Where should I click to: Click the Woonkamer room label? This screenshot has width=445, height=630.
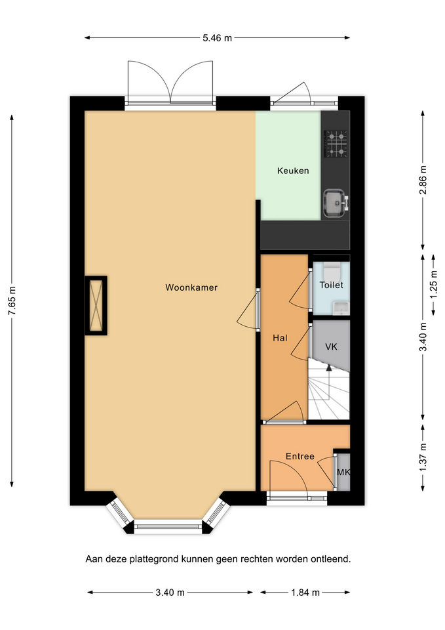click(191, 287)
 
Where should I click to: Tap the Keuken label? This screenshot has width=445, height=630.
click(293, 171)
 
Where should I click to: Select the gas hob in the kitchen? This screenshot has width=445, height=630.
click(336, 144)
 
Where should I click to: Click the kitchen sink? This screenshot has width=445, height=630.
click(336, 203)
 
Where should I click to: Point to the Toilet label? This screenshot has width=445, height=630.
click(331, 285)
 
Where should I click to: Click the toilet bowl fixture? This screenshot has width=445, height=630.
click(332, 272)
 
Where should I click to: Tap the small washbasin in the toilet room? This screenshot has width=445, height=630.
click(341, 308)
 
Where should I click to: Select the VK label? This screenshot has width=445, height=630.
click(331, 346)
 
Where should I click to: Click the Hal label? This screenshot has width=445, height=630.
click(280, 338)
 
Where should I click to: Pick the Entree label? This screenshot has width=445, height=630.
click(300, 456)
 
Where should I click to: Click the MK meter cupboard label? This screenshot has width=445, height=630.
click(343, 472)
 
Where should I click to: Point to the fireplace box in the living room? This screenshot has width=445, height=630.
click(96, 305)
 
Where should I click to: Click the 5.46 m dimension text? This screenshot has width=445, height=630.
click(217, 38)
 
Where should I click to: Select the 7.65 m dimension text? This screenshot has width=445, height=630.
click(12, 301)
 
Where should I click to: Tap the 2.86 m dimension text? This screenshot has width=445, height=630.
click(423, 180)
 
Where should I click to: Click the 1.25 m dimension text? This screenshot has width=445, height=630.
click(434, 284)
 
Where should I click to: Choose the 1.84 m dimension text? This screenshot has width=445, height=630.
click(305, 592)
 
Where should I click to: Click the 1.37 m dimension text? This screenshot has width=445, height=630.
click(423, 458)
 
